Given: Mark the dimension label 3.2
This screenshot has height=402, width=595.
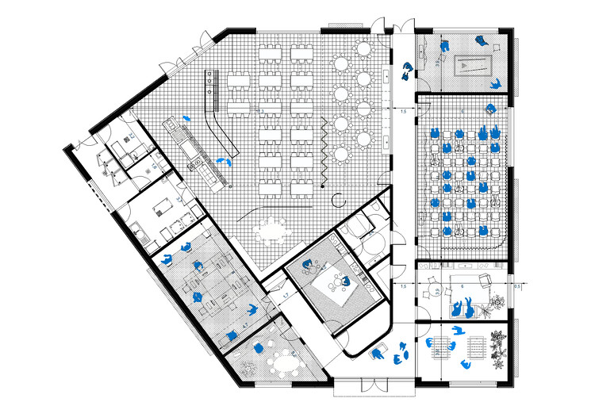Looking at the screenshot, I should [435, 59].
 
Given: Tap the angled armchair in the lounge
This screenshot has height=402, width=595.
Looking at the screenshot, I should [485, 278].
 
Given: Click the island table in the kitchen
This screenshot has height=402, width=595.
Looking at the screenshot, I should [165, 204].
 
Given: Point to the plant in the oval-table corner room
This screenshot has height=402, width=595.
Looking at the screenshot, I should [248, 367].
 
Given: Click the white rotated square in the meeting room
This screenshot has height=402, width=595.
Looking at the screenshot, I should [336, 289].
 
